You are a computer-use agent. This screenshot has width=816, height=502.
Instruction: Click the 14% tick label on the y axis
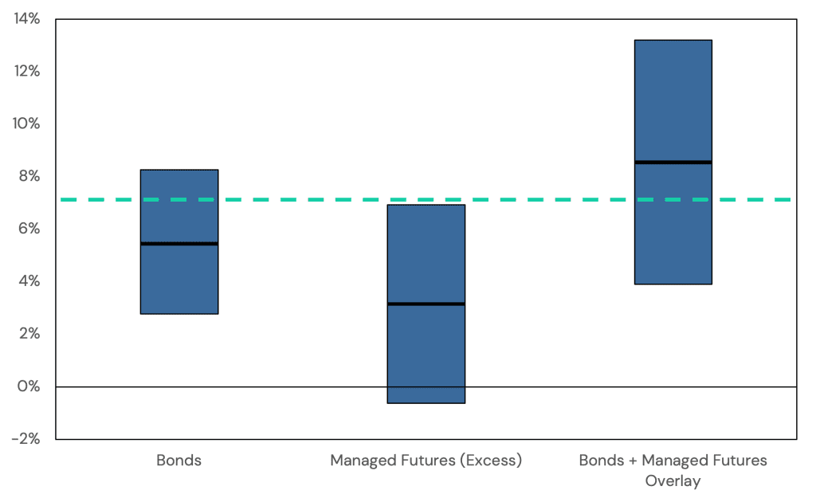pos(27,18)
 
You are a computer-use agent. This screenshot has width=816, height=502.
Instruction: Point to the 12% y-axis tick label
pos(27,71)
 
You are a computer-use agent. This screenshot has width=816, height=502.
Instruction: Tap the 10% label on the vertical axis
pos(27,124)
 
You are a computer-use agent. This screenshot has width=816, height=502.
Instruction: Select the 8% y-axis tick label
pos(29,176)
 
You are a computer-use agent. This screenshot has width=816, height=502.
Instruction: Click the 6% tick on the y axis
pos(29,229)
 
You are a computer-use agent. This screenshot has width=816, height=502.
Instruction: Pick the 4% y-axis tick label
pos(29,281)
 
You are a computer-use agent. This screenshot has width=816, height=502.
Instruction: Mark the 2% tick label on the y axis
pos(29,334)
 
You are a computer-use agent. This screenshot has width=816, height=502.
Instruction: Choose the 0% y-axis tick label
pos(29,386)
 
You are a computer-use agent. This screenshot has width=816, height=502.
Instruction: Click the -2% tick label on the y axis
pos(27,439)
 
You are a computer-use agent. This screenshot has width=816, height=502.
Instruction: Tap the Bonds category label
pos(178,461)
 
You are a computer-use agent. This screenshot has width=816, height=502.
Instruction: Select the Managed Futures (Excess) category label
pos(426,461)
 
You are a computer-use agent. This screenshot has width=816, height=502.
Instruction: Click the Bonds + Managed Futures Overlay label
pos(673,470)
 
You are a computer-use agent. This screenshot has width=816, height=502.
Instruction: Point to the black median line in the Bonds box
pos(179,244)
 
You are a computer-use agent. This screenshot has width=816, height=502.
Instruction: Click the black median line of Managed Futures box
pos(426,304)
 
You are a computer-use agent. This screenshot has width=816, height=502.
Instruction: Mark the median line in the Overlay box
pos(673,163)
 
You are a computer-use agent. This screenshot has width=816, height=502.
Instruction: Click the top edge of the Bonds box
pos(179,170)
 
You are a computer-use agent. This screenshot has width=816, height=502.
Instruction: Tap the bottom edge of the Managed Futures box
pos(426,403)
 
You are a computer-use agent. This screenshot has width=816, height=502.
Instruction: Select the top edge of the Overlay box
pos(673,40)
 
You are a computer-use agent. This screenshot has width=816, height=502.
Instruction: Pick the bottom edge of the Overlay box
pos(673,284)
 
